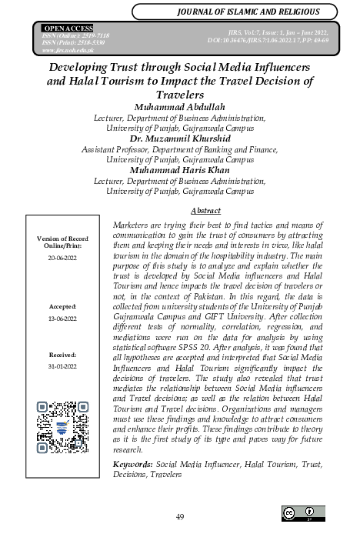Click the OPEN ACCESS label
click(x=68, y=28)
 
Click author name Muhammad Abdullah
click(x=179, y=107)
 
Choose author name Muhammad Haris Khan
click(x=179, y=170)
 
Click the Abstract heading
click(x=205, y=211)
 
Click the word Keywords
click(x=132, y=465)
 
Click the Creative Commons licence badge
click(x=303, y=512)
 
